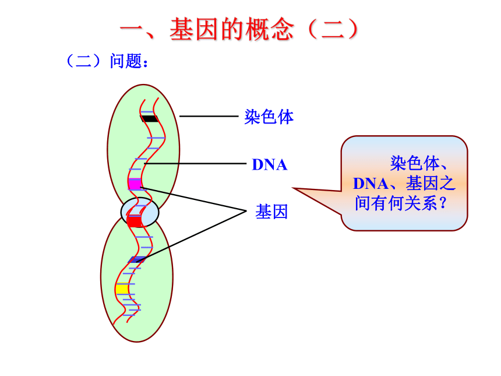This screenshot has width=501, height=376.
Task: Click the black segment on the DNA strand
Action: pos(150,118)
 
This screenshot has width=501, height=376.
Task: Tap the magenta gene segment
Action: pos(135,184)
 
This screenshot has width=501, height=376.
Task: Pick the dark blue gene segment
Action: pos(137,259)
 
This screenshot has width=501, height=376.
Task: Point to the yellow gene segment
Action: pos(122,289)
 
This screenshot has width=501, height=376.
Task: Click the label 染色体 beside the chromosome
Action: pos(269,117)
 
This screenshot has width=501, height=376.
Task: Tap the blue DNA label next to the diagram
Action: pos(270,164)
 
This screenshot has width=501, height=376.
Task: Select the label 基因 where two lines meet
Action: pos(271,212)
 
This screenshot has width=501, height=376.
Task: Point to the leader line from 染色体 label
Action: pos(209,116)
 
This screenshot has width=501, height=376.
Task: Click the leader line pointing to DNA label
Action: pos(195,163)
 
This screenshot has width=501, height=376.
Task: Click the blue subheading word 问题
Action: pos(126,61)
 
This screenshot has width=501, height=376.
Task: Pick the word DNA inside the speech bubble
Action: pos(371,184)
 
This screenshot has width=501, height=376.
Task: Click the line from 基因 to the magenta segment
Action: pos(193,199)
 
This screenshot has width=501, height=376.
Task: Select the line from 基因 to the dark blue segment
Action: pos(192,236)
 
